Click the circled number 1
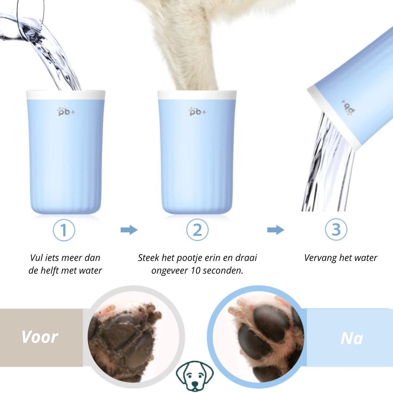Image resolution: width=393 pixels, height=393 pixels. (64, 230)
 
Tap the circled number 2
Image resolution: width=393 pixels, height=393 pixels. (197, 230)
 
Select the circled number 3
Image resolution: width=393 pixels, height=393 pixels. (336, 229)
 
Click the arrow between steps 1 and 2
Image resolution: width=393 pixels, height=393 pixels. (129, 230)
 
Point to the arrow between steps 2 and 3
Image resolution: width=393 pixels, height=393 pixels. (276, 230)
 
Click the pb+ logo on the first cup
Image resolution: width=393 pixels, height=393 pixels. (66, 112)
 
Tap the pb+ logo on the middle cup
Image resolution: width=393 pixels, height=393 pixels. (197, 112)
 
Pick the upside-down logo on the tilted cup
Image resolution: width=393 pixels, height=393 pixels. (349, 107)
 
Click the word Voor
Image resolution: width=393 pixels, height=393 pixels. (40, 337)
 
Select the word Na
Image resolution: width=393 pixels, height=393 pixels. (352, 338)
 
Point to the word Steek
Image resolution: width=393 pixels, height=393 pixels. (148, 258)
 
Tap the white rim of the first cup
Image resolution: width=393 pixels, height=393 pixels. (65, 95)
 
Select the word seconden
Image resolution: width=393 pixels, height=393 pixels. (223, 271)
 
